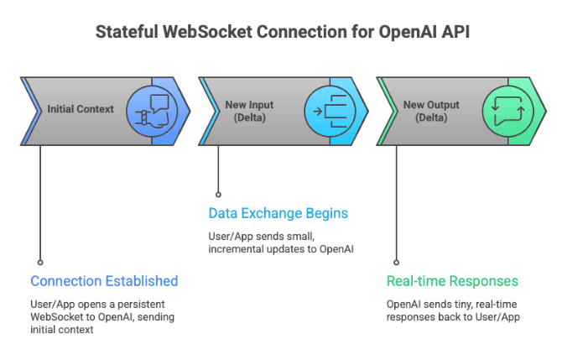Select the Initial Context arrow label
[x=81, y=109]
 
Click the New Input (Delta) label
[x=249, y=111]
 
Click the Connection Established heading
[x=104, y=281]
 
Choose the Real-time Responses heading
[x=451, y=281]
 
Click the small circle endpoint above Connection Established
[x=40, y=262]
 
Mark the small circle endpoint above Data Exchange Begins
[x=218, y=194]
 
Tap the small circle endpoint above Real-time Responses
[x=397, y=262]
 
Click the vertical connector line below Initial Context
[x=40, y=201]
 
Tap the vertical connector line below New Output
[x=397, y=201]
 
